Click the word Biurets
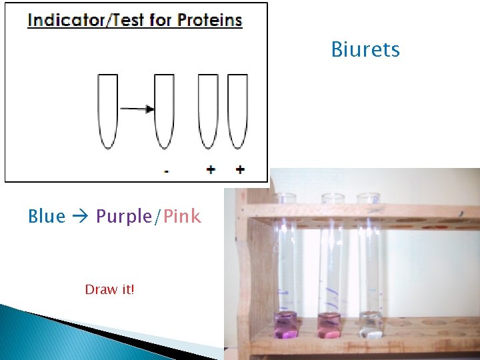[x=365, y=50]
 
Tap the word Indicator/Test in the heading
[x=85, y=20]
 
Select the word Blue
[x=47, y=217]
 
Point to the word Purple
[x=124, y=217]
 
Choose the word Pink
[x=182, y=217]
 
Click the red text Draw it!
[x=109, y=289]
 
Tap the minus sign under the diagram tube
[x=166, y=171]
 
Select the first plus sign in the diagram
[x=210, y=169]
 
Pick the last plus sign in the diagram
[x=240, y=169]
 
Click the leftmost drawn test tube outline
[x=107, y=110]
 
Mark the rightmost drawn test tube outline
[x=237, y=110]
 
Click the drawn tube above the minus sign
[x=164, y=110]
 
